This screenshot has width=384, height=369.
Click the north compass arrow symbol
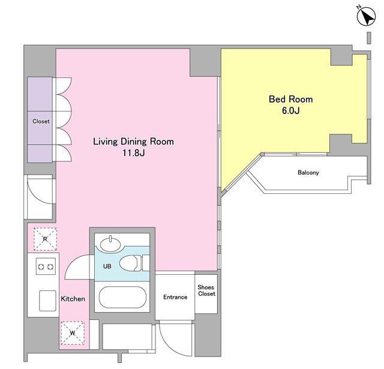366,16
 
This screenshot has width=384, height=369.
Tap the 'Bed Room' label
290,99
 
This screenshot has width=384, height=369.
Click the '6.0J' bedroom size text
290,110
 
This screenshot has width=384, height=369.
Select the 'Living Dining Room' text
133,142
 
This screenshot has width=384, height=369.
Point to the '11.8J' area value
133,153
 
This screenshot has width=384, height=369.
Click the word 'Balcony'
308,172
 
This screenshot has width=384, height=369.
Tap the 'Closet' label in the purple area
41,121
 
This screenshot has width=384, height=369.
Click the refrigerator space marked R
45,239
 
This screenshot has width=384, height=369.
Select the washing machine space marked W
73,333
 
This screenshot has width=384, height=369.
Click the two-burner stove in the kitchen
46,266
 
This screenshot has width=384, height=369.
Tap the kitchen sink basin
47,301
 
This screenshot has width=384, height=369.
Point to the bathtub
122,297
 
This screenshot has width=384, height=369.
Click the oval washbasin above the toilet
110,244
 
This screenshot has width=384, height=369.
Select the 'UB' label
107,266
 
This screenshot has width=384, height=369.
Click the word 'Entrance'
175,297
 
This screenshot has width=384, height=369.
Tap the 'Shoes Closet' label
206,290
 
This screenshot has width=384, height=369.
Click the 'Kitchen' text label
73,299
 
